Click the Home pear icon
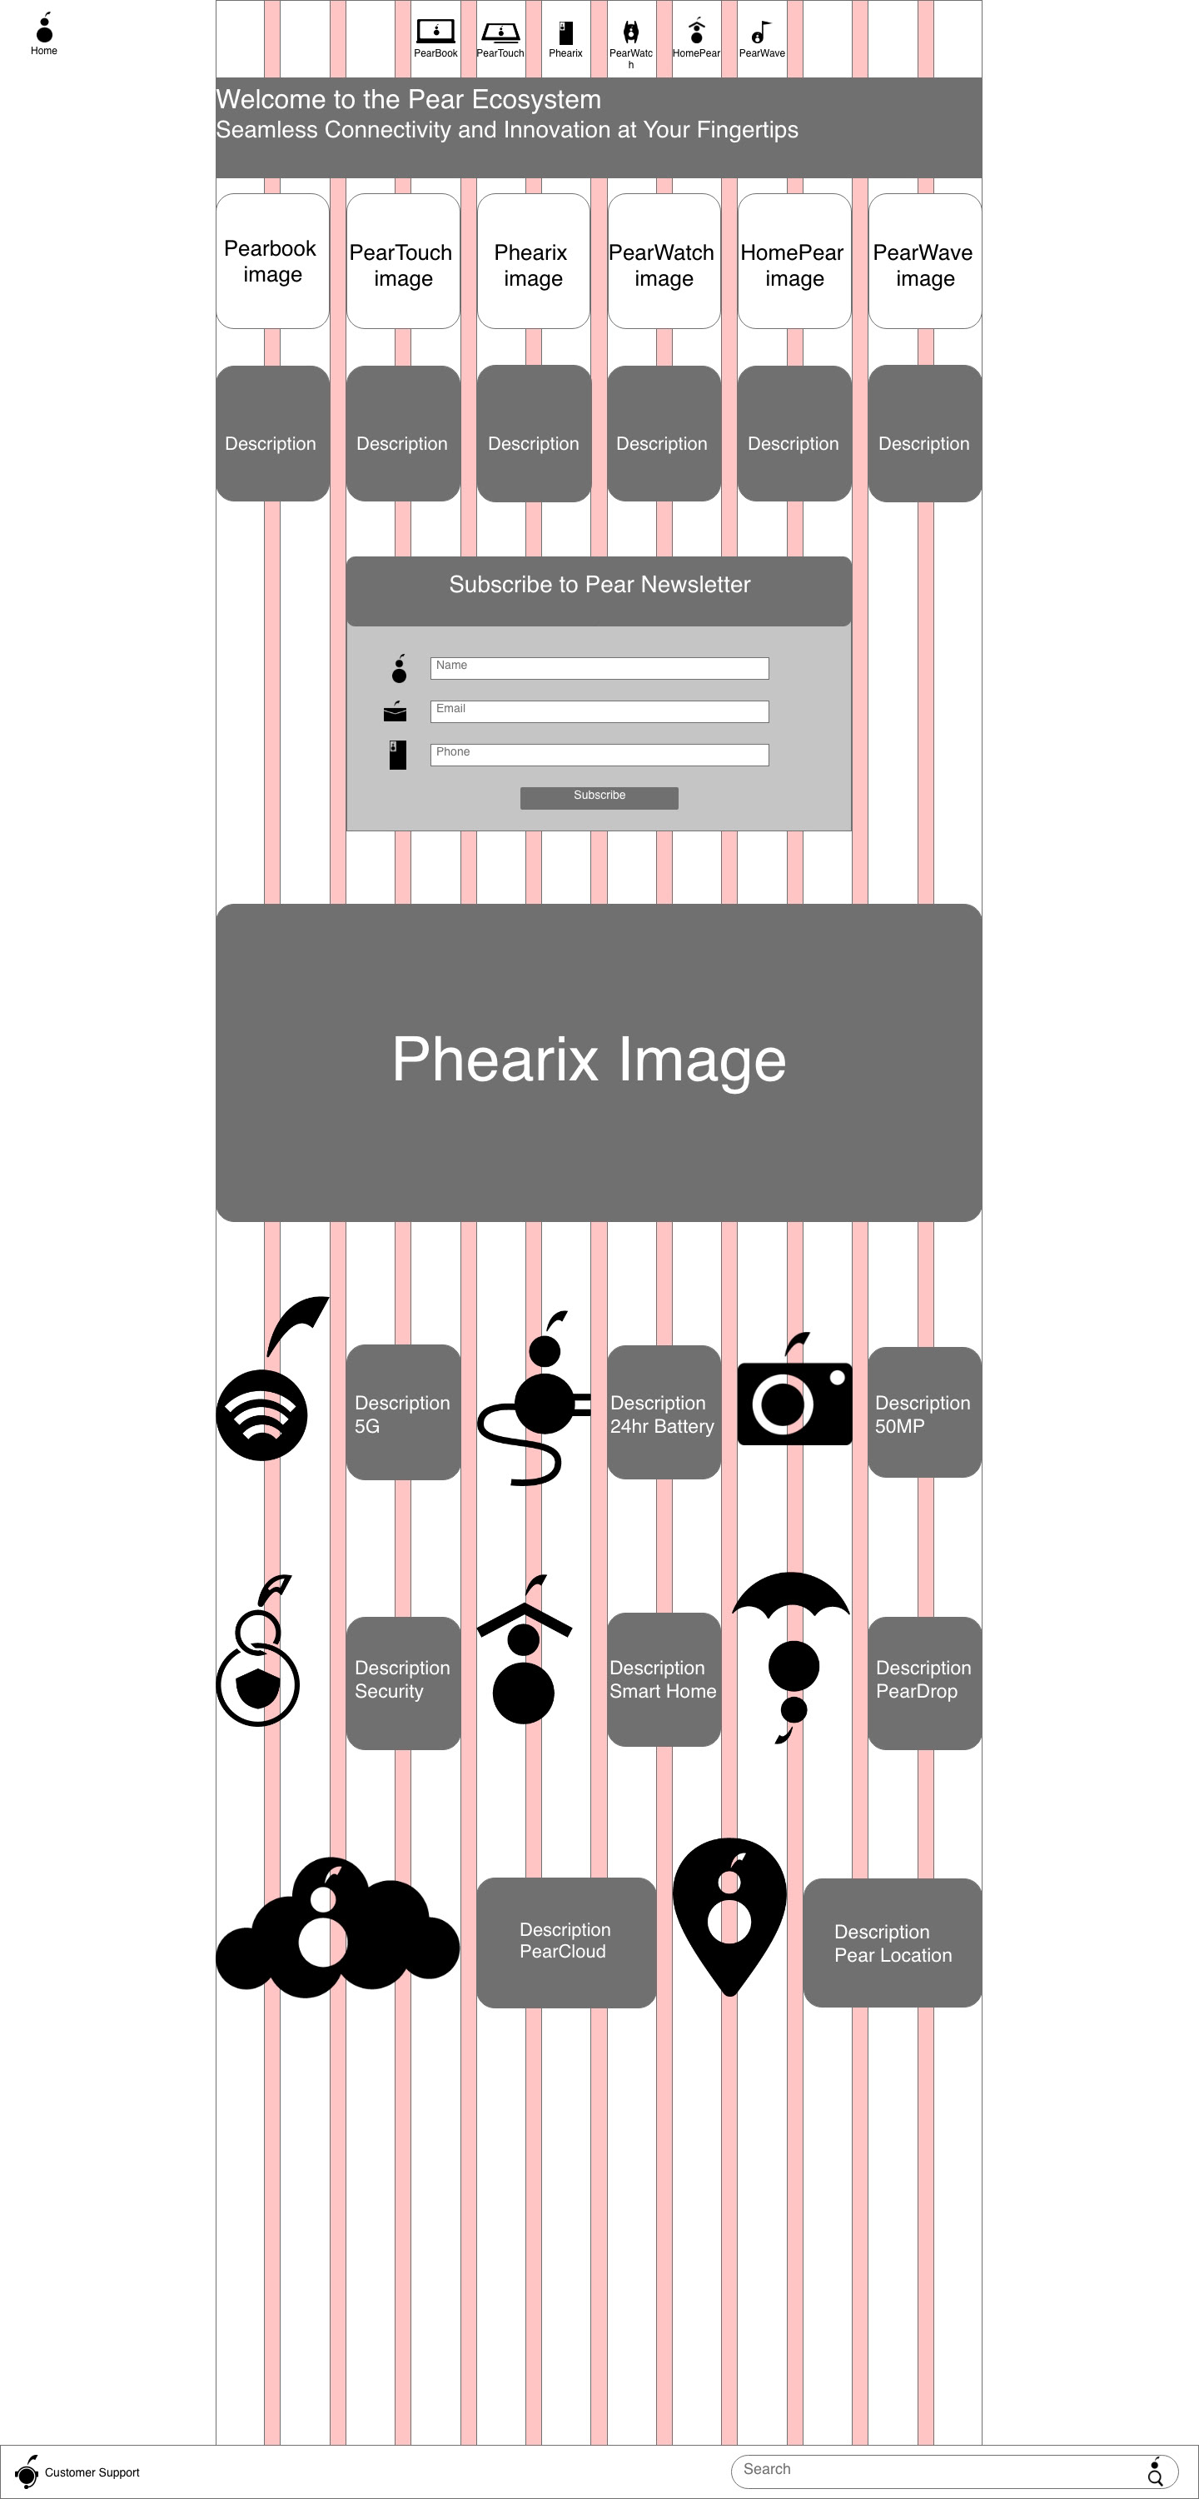tap(43, 29)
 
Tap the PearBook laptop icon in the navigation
tap(435, 32)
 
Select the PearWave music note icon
tap(762, 32)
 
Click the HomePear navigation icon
tap(695, 31)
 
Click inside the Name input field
tap(599, 667)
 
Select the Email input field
tap(599, 711)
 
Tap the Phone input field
tap(599, 755)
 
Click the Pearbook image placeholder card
tap(271, 261)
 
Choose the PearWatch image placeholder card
tap(664, 261)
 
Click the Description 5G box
tap(402, 1413)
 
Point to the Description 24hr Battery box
tap(664, 1413)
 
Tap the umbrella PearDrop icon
tap(792, 1654)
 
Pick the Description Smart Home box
tap(664, 1679)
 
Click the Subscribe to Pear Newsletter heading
tap(599, 585)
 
